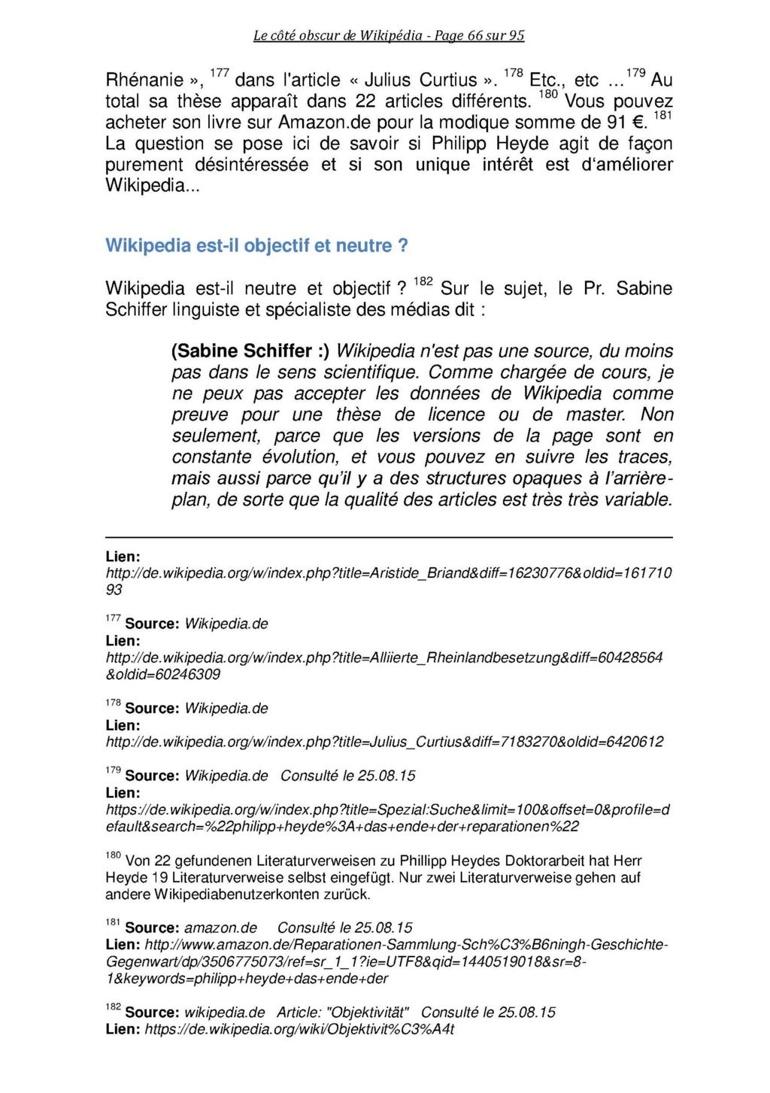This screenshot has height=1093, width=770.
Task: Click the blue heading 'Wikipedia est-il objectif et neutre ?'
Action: pyautogui.click(x=256, y=246)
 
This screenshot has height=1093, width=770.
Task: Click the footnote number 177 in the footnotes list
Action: pyautogui.click(x=112, y=619)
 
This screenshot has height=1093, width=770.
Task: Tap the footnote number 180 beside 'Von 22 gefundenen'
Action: pyautogui.click(x=112, y=856)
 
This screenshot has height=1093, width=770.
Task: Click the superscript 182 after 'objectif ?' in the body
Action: pyautogui.click(x=423, y=282)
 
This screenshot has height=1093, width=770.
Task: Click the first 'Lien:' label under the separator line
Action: pyautogui.click(x=123, y=557)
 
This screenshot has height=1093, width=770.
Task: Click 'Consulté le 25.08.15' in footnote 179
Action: pyautogui.click(x=348, y=776)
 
